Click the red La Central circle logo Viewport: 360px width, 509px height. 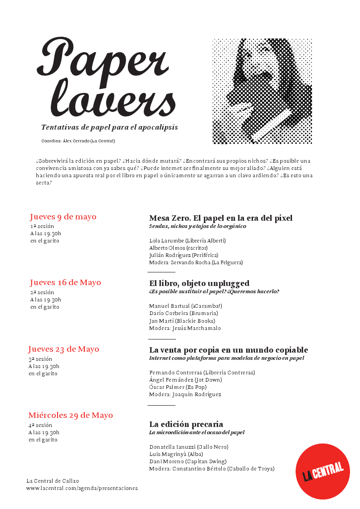coord(322,471)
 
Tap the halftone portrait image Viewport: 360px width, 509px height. coord(262,91)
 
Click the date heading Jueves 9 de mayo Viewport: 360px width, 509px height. coord(63,217)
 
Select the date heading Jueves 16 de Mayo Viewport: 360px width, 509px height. coord(65,283)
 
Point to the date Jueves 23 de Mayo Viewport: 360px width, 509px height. coord(63,349)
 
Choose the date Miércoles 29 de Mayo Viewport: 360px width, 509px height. coord(70,415)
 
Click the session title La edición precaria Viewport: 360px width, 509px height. coord(186,424)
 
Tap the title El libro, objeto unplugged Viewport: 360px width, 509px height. coord(199,283)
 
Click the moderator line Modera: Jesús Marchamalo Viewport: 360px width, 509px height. coord(185,328)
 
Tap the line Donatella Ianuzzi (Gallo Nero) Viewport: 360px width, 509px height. coord(189,447)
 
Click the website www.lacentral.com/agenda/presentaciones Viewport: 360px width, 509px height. coord(82,488)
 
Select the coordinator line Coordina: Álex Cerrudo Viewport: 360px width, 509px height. coord(78,141)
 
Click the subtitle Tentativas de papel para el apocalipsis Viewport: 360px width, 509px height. coord(109,127)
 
